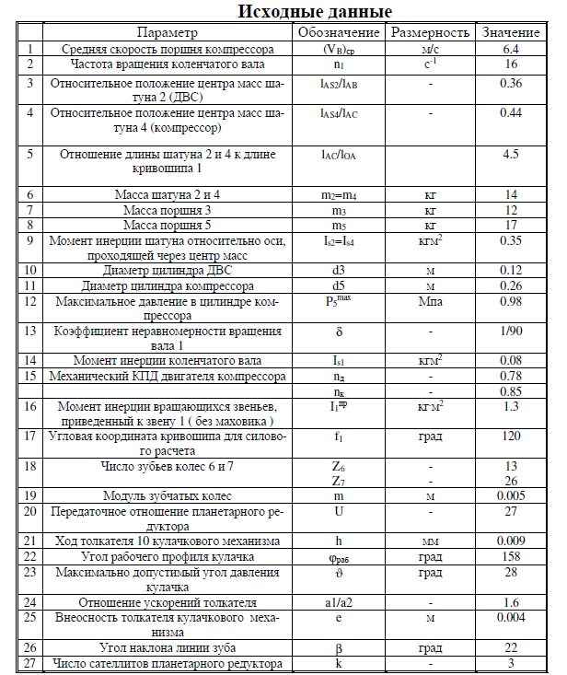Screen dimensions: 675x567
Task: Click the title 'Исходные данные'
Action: click(315, 12)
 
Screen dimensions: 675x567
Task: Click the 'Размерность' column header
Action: click(430, 32)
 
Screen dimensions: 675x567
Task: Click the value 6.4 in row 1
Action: click(512, 48)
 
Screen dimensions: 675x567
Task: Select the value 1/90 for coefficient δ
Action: click(512, 331)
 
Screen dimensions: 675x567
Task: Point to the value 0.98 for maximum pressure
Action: click(512, 301)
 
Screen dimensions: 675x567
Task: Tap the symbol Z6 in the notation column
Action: click(339, 466)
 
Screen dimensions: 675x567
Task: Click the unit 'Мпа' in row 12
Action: click(430, 301)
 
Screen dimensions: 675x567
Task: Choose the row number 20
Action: click(30, 511)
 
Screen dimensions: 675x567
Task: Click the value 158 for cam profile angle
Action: click(512, 556)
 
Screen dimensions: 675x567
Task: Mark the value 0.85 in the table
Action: click(512, 390)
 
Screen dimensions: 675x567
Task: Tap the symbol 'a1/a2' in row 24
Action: click(339, 601)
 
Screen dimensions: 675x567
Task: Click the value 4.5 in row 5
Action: click(512, 154)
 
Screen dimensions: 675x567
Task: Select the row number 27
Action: click(30, 662)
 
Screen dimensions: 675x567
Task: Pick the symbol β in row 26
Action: click(339, 647)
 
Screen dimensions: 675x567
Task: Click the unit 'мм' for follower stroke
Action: click(430, 541)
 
